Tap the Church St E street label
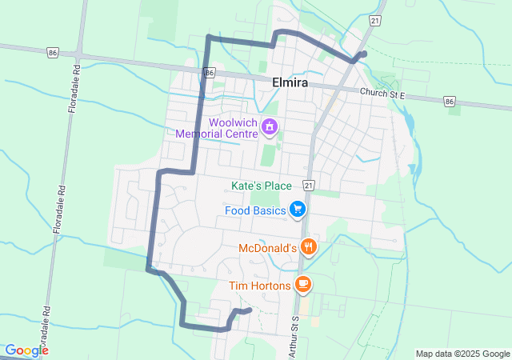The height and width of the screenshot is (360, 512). click(x=383, y=94)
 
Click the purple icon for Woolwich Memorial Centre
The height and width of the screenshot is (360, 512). click(x=270, y=126)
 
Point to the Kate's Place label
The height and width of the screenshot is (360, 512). click(x=262, y=186)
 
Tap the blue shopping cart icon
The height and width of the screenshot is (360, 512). click(x=298, y=210)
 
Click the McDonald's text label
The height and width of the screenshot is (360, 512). click(x=267, y=248)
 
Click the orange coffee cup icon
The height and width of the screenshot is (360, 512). click(x=302, y=283)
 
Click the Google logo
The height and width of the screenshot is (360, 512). click(x=26, y=350)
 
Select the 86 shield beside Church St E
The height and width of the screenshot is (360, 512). click(x=449, y=102)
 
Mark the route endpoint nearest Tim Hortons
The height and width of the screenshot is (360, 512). click(x=250, y=310)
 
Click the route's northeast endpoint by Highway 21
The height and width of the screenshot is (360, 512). click(x=364, y=54)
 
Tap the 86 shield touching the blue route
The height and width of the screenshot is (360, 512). click(x=209, y=73)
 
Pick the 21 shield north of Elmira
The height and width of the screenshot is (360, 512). click(x=375, y=18)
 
